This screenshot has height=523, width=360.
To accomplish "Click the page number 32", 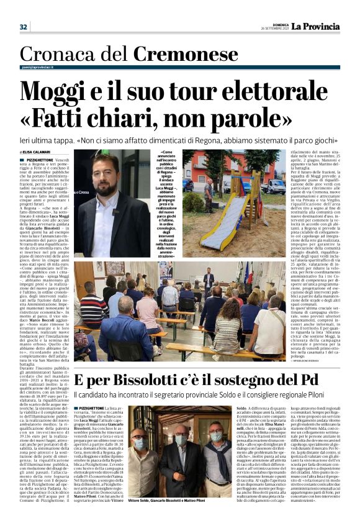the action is pyautogui.click(x=24, y=27).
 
